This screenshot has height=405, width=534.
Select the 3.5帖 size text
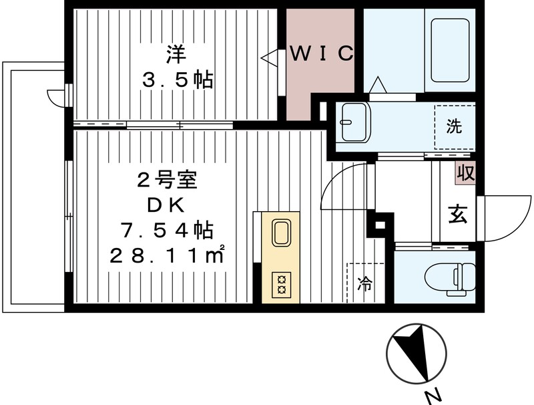176,81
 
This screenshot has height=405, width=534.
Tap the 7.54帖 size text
167,230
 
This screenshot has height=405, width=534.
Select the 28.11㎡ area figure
171,255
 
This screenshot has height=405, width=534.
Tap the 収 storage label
465,173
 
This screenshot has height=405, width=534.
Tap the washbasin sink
353,122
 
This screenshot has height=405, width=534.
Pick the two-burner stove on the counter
280,284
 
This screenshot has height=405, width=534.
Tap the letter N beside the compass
434,394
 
